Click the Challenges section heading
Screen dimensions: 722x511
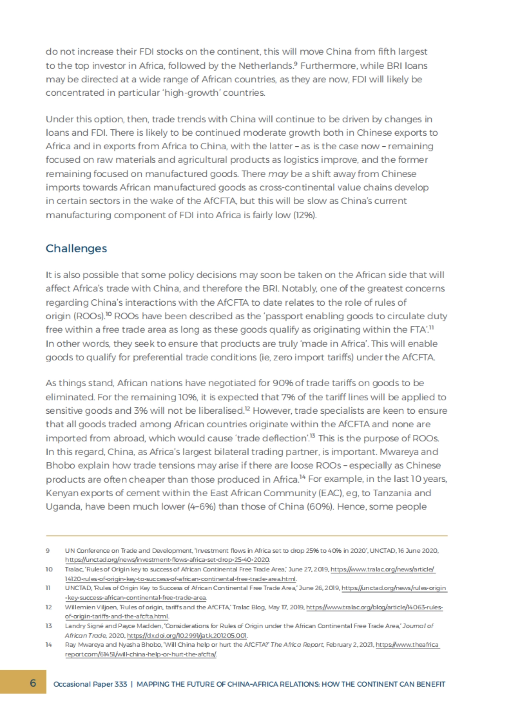[x=76, y=248]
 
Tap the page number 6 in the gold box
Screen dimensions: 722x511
[x=33, y=683]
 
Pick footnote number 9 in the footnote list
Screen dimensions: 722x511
[x=48, y=551]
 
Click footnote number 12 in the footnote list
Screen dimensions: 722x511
[x=49, y=607]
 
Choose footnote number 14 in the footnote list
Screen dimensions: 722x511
[x=49, y=645]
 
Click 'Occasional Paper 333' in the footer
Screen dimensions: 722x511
[x=90, y=684]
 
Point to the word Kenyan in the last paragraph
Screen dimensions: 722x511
[x=60, y=493]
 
